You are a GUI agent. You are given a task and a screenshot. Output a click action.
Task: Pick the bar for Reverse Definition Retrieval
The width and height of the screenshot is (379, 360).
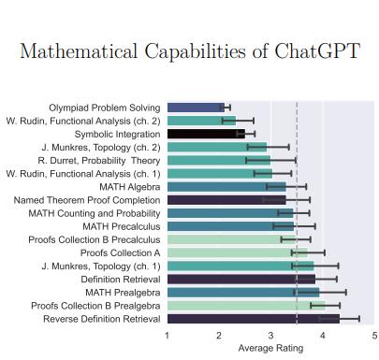click(253, 319)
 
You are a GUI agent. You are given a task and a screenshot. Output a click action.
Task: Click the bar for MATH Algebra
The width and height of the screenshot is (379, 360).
click(226, 187)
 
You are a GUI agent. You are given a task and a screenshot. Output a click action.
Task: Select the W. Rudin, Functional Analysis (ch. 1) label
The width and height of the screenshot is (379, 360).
click(82, 173)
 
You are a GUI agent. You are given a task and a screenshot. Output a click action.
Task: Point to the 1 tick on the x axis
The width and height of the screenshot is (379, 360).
click(167, 336)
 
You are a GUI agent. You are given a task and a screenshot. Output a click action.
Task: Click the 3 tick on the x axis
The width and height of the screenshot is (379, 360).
click(270, 336)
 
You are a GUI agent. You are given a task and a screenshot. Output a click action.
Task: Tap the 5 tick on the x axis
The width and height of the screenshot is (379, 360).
click(374, 336)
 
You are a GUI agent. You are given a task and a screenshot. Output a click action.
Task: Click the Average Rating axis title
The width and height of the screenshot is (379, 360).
click(270, 349)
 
